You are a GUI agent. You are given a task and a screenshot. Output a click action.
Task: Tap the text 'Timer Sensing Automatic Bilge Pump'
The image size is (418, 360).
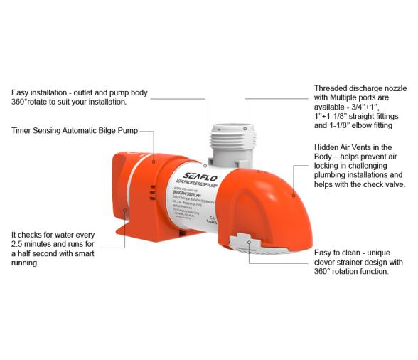[x=74, y=131]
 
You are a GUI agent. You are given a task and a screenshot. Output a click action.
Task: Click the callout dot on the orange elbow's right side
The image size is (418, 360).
[x=292, y=192]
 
